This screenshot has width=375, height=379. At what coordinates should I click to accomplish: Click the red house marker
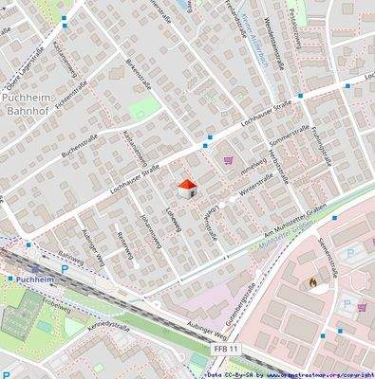187,188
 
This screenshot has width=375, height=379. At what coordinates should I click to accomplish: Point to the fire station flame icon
310,281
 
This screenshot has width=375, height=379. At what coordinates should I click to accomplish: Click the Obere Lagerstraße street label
21,63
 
